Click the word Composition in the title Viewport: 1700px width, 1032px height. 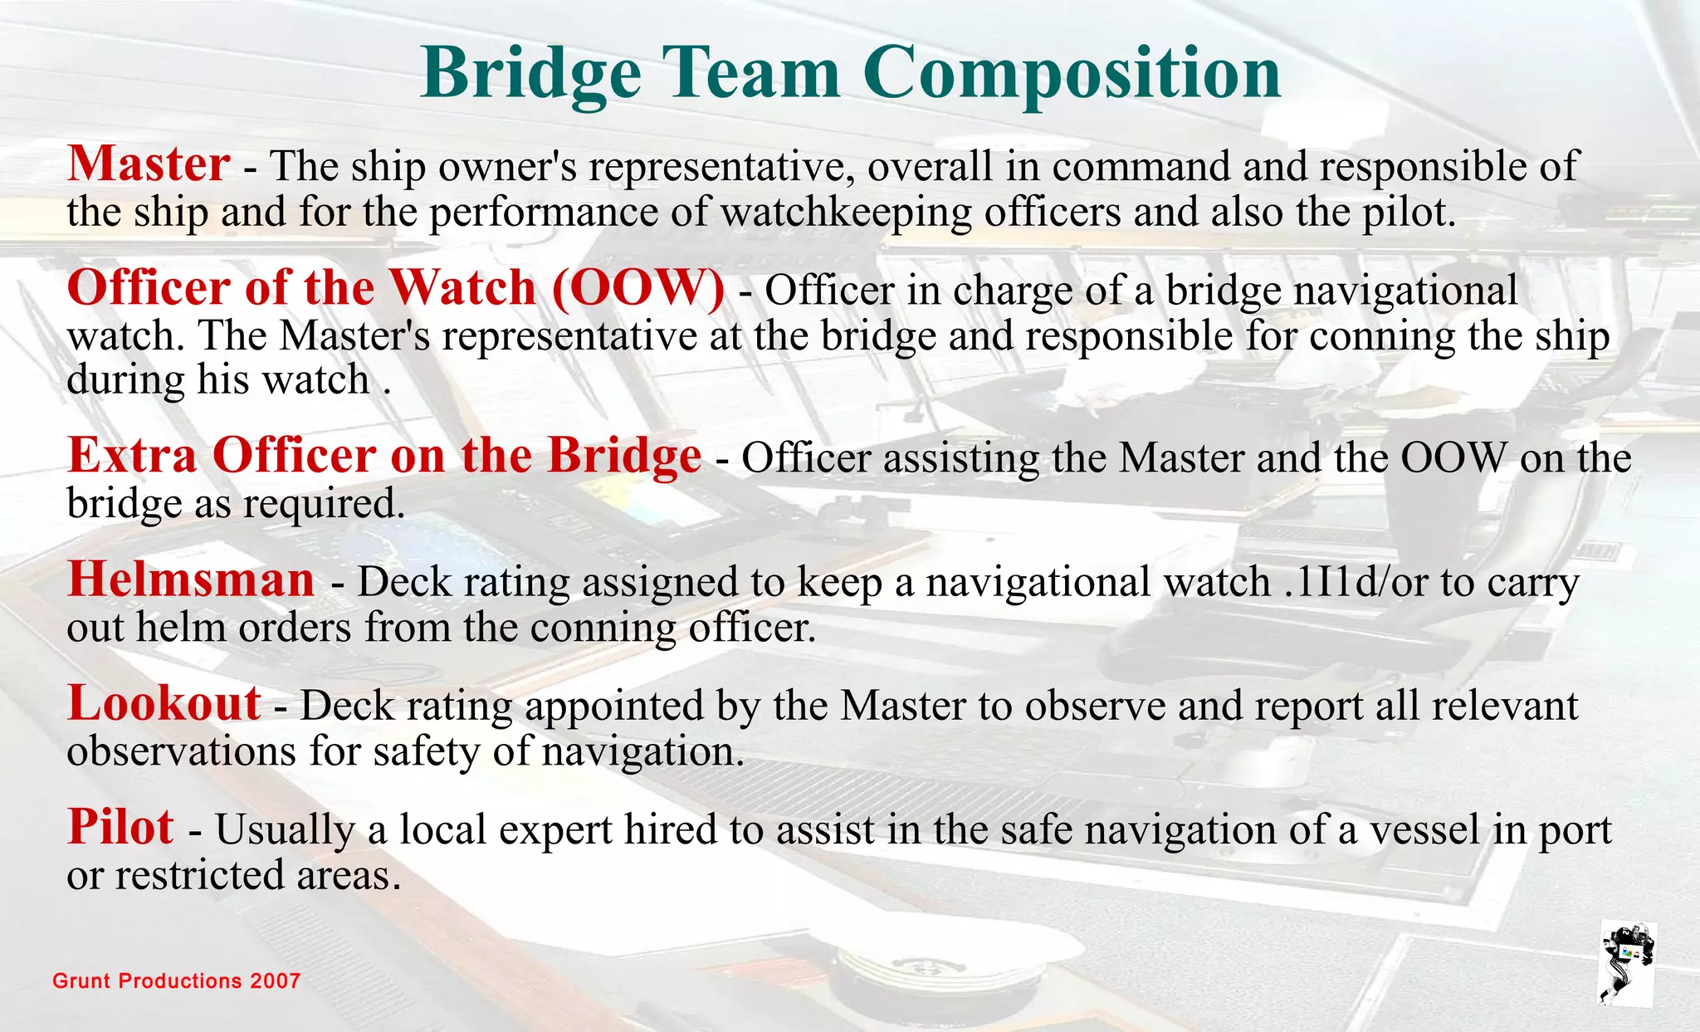click(1072, 73)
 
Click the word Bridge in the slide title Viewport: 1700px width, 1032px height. click(530, 73)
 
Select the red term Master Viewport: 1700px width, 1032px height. click(149, 164)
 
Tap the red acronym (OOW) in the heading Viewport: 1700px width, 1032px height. click(637, 289)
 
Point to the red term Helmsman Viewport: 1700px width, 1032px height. click(191, 580)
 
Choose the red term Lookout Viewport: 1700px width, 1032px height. click(164, 703)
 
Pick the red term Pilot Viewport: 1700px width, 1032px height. click(120, 827)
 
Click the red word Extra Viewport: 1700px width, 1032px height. click(132, 456)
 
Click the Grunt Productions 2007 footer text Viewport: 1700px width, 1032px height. click(176, 981)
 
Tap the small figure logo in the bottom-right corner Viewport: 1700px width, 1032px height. click(1627, 963)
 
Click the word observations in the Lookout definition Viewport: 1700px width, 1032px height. click(181, 751)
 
